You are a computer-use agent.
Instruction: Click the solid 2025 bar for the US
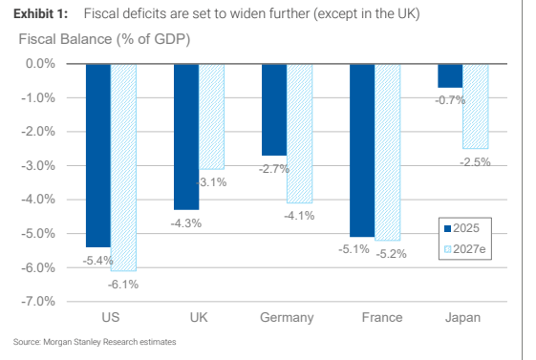click(x=98, y=156)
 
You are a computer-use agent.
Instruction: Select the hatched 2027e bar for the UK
click(x=211, y=116)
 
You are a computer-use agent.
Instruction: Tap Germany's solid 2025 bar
click(x=274, y=110)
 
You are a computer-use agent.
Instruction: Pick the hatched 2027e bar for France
click(x=387, y=153)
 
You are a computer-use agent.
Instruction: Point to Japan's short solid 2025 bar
click(x=450, y=75)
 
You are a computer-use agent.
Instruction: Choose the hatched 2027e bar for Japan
click(x=476, y=106)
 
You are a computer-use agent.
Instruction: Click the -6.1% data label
click(x=123, y=285)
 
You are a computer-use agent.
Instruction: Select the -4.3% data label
click(x=186, y=223)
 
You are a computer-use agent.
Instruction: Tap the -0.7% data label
click(x=450, y=100)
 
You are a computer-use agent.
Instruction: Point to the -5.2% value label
click(x=392, y=254)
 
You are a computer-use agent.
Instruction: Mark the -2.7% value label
click(x=274, y=169)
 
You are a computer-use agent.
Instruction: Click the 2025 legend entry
click(x=461, y=228)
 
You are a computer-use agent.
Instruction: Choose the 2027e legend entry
click(x=465, y=249)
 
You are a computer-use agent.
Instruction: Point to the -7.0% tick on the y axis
click(x=38, y=301)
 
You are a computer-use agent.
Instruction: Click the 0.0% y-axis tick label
click(x=40, y=64)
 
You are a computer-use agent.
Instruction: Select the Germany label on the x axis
click(x=287, y=317)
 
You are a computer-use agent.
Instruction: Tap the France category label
click(x=382, y=317)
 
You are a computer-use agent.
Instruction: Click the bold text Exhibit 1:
click(x=41, y=14)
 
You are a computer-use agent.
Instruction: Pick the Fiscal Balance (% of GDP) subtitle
click(x=104, y=39)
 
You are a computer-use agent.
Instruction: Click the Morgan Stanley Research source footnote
click(x=95, y=342)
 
